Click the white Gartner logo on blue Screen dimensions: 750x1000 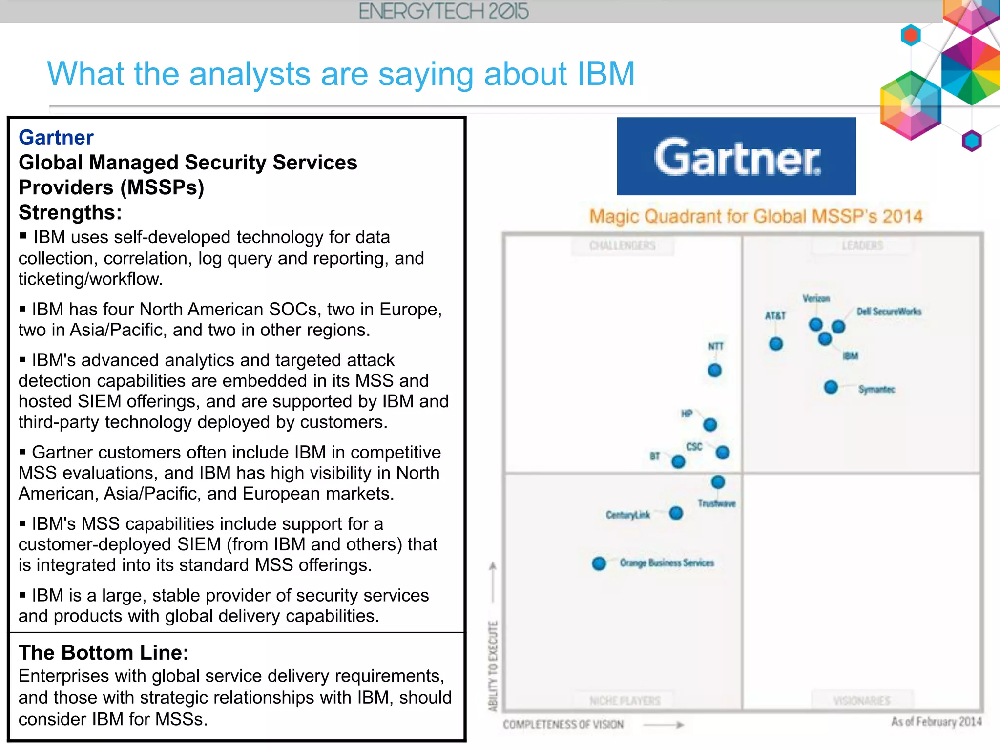coord(736,157)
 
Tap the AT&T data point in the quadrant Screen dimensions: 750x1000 coord(776,344)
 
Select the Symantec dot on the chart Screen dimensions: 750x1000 coord(831,387)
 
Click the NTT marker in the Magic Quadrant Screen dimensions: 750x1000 coord(714,370)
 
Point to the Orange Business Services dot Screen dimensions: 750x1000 coord(599,563)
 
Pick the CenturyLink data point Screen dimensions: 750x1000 coord(676,513)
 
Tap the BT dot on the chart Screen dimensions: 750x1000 coord(678,461)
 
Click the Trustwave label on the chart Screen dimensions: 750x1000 coord(716,503)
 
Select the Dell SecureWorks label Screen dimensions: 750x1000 coord(889,312)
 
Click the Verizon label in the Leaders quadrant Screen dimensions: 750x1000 coord(816,298)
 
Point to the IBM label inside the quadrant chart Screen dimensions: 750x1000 coord(850,356)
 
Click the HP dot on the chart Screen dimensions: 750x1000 coord(710,425)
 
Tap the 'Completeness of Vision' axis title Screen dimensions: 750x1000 coord(563,725)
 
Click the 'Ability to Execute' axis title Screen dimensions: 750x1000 coord(493,666)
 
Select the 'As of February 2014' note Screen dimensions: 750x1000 coord(936,722)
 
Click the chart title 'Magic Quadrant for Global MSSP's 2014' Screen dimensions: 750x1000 coord(756,216)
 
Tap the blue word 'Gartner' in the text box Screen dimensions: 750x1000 coord(56,138)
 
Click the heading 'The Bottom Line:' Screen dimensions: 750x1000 coord(104,653)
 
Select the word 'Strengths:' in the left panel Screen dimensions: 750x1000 coord(70,212)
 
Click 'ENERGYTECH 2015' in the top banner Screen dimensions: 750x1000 coord(443,11)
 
